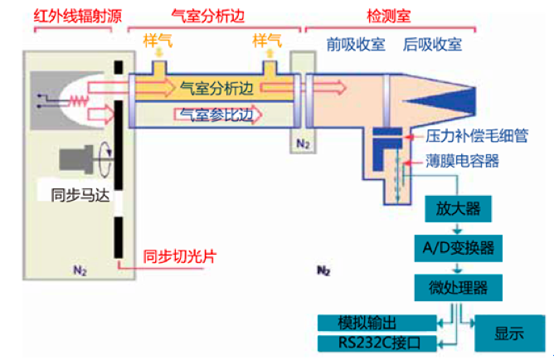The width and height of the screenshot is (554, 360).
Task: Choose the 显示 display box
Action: coord(509,333)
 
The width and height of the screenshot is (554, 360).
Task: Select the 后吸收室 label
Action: coord(432,44)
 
